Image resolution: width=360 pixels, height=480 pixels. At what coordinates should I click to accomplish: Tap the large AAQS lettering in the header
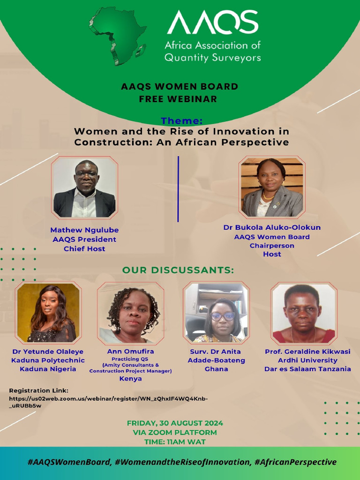pos(212,22)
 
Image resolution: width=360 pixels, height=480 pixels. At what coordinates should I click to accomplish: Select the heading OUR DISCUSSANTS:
pos(178,270)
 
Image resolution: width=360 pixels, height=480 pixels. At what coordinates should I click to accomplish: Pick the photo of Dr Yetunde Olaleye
pos(48,313)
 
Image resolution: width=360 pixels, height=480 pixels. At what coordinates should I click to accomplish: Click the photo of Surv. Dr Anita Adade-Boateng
pos(216,313)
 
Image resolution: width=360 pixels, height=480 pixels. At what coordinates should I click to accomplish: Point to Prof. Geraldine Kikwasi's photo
pos(303,313)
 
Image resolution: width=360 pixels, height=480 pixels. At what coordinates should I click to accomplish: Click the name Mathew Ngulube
pos(84,230)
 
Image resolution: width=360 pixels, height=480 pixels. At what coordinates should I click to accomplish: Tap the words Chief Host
pos(84,249)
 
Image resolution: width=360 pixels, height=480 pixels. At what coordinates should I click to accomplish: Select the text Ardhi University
pos(307,360)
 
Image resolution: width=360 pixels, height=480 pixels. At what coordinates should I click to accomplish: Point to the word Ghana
pos(216,369)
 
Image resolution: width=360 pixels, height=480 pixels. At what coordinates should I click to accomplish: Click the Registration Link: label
pos(39,390)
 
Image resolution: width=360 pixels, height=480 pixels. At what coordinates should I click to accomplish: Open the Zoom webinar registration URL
pos(108,402)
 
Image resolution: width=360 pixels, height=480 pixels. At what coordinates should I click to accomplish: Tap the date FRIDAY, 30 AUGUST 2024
pos(175,423)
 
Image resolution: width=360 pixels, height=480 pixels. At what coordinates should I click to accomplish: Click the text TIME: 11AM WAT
pos(175,442)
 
